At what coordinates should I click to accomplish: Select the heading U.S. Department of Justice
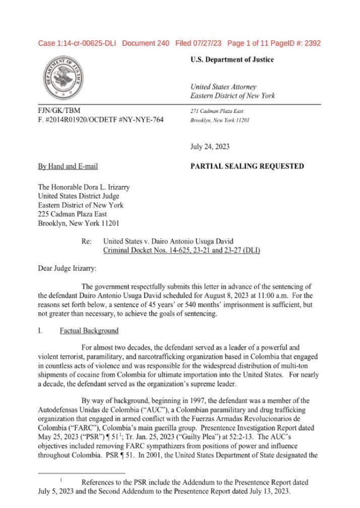point(232,59)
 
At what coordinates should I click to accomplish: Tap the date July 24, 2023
point(210,147)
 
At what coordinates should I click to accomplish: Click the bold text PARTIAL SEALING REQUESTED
point(247,166)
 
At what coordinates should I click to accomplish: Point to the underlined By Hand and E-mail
point(68,166)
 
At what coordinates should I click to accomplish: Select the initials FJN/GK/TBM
point(59,110)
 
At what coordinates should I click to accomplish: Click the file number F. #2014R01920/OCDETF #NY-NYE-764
point(101,120)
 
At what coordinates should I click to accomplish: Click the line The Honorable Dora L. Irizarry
point(84,187)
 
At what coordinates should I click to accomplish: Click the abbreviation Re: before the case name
point(86,241)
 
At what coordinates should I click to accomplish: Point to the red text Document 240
point(146,43)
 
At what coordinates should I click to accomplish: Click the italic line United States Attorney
point(223,87)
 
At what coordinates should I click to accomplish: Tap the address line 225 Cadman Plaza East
point(73,214)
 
